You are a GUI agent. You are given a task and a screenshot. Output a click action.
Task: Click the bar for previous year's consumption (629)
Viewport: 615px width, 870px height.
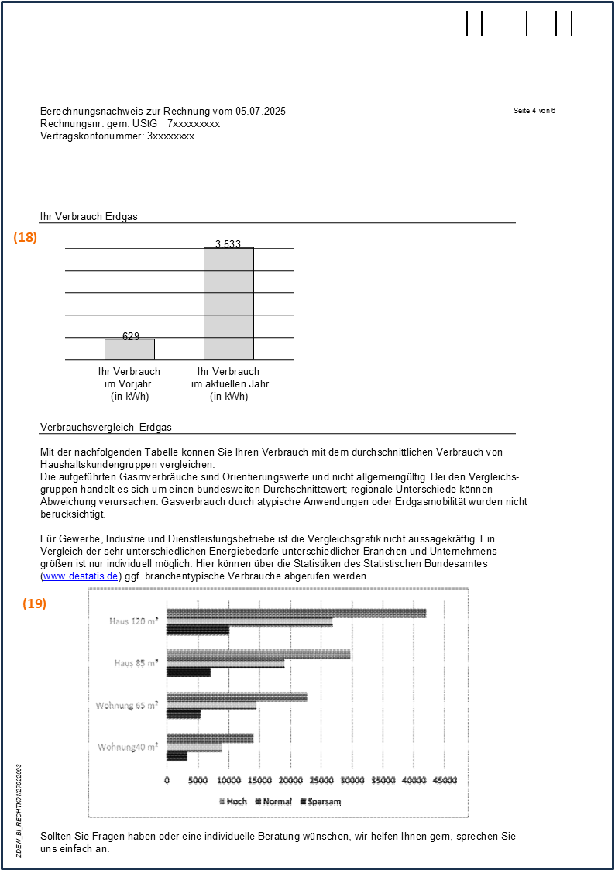click(130, 349)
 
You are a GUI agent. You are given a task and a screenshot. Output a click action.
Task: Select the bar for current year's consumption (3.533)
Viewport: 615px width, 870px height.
click(228, 304)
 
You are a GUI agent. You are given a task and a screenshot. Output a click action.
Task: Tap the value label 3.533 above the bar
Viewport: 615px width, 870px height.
click(228, 244)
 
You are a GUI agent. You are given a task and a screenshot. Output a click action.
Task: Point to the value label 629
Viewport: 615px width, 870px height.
click(131, 336)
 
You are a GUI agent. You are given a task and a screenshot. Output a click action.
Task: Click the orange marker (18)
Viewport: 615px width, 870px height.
click(25, 238)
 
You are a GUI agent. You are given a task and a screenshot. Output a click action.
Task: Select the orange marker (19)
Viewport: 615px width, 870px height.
click(34, 582)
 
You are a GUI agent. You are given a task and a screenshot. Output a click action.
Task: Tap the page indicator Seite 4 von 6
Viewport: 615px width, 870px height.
click(534, 111)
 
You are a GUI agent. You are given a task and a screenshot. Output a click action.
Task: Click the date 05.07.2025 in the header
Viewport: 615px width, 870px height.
click(261, 112)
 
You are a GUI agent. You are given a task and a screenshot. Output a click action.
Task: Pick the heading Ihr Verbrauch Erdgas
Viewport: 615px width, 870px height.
click(89, 217)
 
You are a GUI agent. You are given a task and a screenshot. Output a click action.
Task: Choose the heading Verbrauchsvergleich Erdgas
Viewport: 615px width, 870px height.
click(106, 428)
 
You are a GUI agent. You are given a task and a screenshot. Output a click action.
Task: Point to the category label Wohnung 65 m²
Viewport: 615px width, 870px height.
click(127, 705)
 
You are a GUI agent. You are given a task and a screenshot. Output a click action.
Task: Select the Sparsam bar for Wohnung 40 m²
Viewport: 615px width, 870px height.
click(177, 756)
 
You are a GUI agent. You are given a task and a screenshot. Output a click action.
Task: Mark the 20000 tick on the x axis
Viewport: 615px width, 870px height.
click(290, 780)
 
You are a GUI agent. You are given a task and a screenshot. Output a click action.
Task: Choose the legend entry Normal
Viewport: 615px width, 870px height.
click(273, 801)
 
